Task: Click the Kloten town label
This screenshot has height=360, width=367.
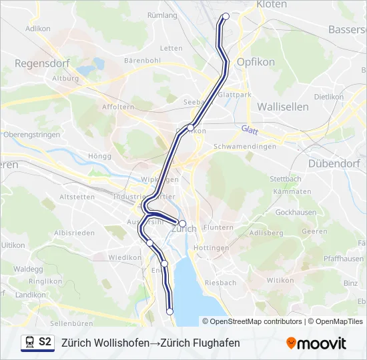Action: tap(272, 5)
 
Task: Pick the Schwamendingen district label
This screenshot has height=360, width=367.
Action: tap(244, 147)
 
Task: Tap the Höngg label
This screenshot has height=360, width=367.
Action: tap(99, 156)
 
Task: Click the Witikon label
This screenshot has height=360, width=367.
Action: tap(280, 281)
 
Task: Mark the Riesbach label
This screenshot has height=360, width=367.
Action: tap(221, 283)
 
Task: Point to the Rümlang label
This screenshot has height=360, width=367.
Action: tap(162, 15)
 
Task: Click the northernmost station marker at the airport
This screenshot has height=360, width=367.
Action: tap(226, 17)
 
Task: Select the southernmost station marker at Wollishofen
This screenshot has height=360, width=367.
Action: tap(169, 311)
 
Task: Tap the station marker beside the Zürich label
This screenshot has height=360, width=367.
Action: tap(182, 223)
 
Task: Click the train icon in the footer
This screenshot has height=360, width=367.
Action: tap(29, 343)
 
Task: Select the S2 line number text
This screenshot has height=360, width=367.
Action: tap(45, 342)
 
